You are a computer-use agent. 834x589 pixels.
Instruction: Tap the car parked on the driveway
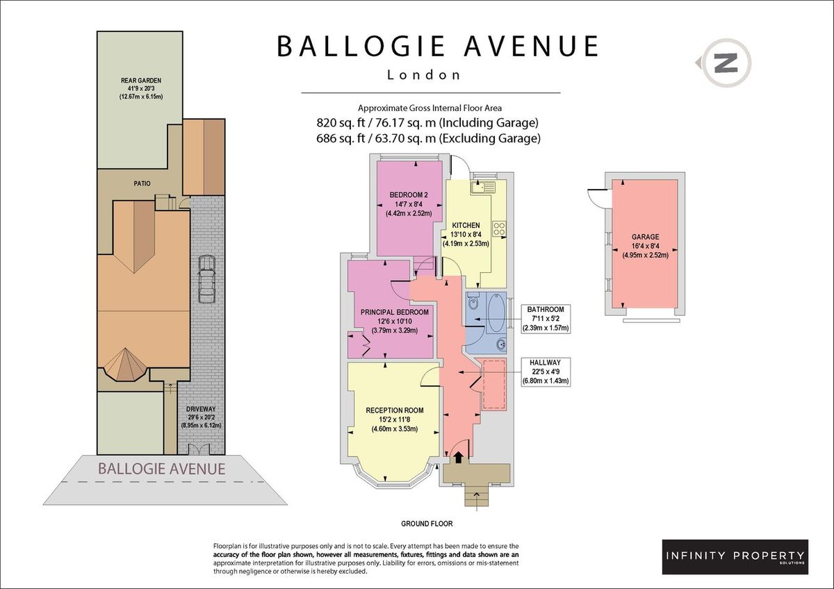[x=206, y=280]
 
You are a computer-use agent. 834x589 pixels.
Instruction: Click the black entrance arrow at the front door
[x=458, y=457]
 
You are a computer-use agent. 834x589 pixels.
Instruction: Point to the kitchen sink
[x=482, y=187]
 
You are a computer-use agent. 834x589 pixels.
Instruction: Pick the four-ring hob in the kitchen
[x=499, y=229]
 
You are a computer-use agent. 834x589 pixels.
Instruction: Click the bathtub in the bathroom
[x=497, y=313]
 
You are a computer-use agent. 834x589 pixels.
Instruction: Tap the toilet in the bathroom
[x=473, y=302]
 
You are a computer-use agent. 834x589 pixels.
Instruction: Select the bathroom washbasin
[x=500, y=345]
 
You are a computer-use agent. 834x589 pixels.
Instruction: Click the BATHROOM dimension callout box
[x=546, y=319]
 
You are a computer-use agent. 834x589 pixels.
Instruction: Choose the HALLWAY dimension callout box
[x=546, y=372]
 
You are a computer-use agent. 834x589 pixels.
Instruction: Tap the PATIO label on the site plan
[x=142, y=183]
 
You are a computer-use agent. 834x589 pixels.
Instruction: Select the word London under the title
[x=424, y=75]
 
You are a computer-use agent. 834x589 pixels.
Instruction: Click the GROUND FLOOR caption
[x=427, y=524]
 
